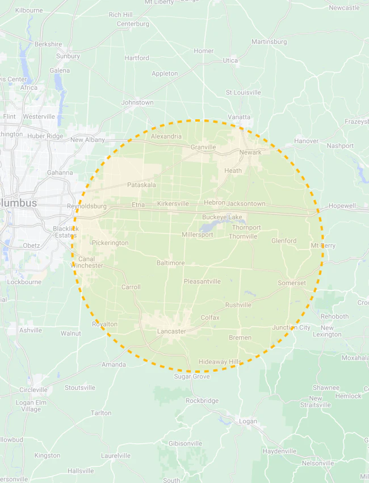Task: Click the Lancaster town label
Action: (171, 331)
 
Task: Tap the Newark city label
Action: (250, 152)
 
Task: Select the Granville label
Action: (203, 147)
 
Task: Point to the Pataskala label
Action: (141, 185)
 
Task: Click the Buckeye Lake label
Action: (222, 217)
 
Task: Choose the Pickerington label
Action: (110, 243)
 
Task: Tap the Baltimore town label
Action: (171, 263)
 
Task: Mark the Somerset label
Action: (292, 283)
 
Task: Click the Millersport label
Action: (198, 235)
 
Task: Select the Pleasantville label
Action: (202, 281)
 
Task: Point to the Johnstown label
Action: (137, 103)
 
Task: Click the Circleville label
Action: (33, 390)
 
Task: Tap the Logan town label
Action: (248, 422)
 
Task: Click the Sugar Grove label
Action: (191, 377)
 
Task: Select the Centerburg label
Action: (133, 24)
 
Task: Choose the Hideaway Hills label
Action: (220, 362)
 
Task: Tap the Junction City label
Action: (291, 327)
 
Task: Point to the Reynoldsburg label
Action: (87, 206)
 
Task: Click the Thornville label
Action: (244, 236)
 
